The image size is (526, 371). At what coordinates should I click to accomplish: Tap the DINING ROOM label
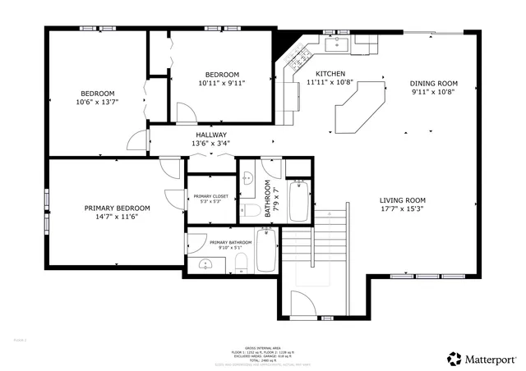pyautogui.click(x=435, y=83)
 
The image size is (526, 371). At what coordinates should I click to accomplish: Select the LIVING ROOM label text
pyautogui.click(x=402, y=200)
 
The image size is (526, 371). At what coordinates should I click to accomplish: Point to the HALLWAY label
pyautogui.click(x=211, y=135)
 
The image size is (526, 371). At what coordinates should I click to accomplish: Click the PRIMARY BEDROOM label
pyautogui.click(x=117, y=208)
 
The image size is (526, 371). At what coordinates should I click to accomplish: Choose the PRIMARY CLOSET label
pyautogui.click(x=211, y=196)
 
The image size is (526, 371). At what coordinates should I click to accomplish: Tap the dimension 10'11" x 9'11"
pyautogui.click(x=222, y=83)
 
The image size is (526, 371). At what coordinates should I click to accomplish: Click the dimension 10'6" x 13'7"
pyautogui.click(x=97, y=103)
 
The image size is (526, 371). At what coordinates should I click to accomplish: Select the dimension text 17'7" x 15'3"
pyautogui.click(x=402, y=210)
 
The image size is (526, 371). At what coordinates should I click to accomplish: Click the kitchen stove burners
pyautogui.click(x=298, y=56)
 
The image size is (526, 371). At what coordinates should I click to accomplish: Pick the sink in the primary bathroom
pyautogui.click(x=205, y=263)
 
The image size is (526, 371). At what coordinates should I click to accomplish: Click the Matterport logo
pyautogui.click(x=482, y=358)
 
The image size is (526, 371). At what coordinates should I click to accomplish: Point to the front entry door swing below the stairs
pyautogui.click(x=302, y=308)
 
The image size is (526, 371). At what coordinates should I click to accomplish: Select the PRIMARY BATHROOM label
pyautogui.click(x=230, y=242)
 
